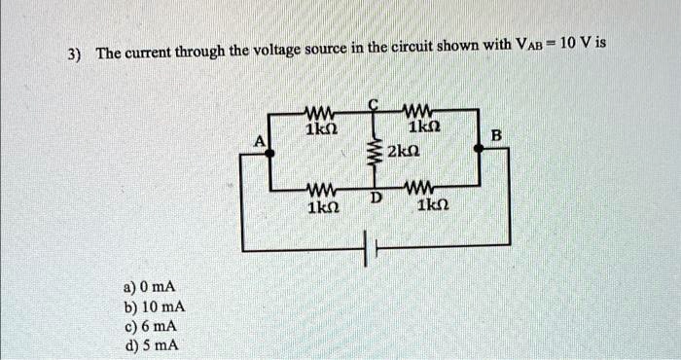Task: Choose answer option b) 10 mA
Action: tap(152, 307)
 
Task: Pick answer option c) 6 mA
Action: tap(149, 326)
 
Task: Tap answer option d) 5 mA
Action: tap(149, 344)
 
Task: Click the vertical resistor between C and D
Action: tap(371, 153)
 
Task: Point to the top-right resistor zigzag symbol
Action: tap(421, 110)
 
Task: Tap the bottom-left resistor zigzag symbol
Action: tap(320, 187)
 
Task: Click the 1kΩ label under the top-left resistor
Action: tap(320, 128)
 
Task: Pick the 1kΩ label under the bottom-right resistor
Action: tap(429, 207)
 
